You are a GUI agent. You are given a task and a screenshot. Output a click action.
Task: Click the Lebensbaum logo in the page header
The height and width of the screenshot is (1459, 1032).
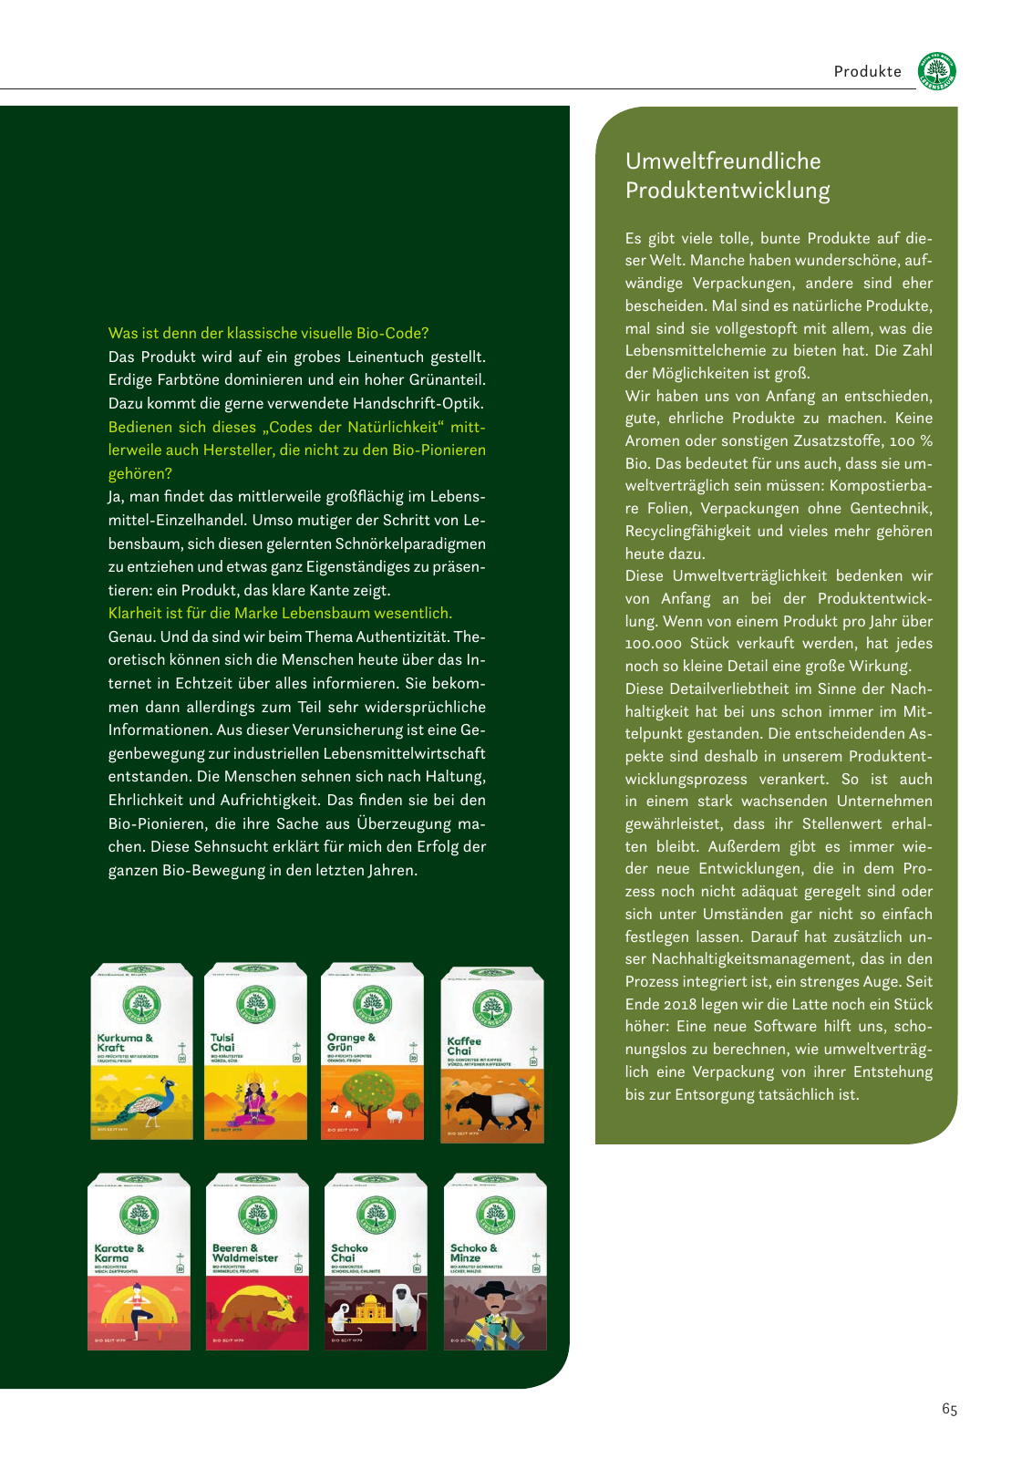pyautogui.click(x=937, y=71)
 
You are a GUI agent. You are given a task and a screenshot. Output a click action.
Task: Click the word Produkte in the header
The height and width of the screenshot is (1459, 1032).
pyautogui.click(x=867, y=72)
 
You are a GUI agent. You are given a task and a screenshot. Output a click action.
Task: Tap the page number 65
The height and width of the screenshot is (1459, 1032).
pyautogui.click(x=949, y=1410)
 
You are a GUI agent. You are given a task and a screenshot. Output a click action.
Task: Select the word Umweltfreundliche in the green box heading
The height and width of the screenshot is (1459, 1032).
pyautogui.click(x=723, y=161)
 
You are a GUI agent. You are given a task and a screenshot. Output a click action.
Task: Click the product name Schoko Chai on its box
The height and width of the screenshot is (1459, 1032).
pyautogui.click(x=349, y=1253)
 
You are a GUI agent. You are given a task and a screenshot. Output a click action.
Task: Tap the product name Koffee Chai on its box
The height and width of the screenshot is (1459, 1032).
pyautogui.click(x=464, y=1046)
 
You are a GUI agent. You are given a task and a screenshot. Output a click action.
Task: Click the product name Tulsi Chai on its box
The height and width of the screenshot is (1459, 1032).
pyautogui.click(x=222, y=1042)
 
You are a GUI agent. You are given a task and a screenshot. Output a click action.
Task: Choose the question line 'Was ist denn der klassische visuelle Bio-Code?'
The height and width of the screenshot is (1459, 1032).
pyautogui.click(x=268, y=334)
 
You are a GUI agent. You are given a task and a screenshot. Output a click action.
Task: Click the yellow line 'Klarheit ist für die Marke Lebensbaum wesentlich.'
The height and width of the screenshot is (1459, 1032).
pyautogui.click(x=280, y=614)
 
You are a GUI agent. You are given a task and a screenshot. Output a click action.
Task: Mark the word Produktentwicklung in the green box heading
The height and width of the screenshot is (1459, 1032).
pyautogui.click(x=728, y=191)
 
